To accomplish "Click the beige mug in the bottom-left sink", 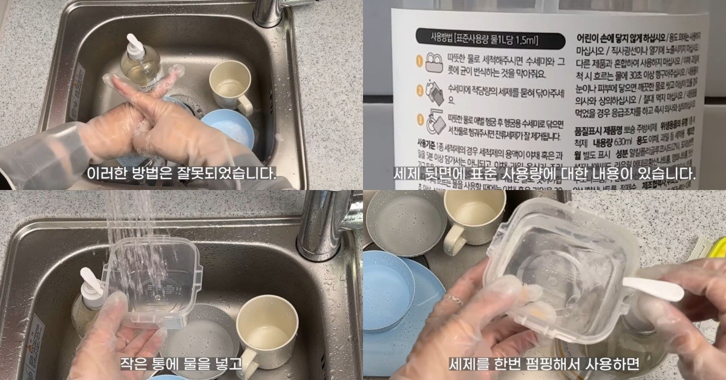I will coord(260,330).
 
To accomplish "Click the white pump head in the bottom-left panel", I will coord(93,281).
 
